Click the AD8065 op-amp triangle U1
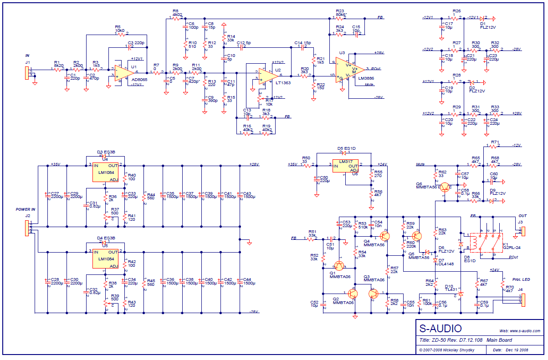pos(122,72)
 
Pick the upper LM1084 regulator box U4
pos(106,172)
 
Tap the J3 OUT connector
pos(522,231)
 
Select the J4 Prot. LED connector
pos(522,299)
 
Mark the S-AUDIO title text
pos(440,329)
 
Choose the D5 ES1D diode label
pos(346,148)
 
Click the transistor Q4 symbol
pos(385,236)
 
